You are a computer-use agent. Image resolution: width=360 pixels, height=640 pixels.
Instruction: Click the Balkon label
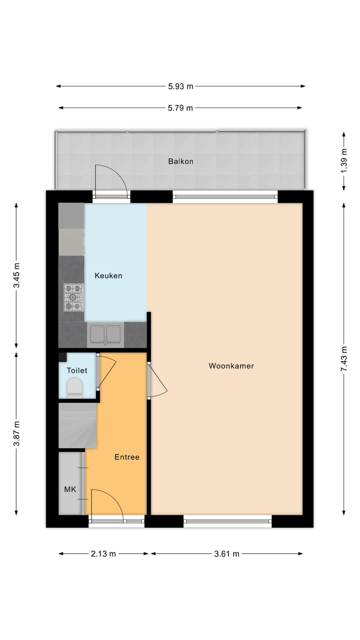pos(180,161)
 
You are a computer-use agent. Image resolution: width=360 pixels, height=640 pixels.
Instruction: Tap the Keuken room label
pos(108,275)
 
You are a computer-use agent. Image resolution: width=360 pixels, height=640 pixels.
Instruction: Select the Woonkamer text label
pos(231,366)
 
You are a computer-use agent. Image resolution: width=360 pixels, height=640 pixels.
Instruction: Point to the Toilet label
pos(77,370)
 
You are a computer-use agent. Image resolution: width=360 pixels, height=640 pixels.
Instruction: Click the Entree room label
pos(126,457)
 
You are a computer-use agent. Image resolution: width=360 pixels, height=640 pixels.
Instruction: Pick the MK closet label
pos(70,489)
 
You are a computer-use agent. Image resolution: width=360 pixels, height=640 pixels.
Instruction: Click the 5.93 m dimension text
pos(180,86)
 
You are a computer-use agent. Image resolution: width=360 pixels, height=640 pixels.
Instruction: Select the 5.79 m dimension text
pos(180,107)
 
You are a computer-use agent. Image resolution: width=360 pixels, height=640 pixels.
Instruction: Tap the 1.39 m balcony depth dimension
pos(343,161)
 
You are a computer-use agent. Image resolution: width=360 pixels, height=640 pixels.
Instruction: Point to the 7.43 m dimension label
pos(343,358)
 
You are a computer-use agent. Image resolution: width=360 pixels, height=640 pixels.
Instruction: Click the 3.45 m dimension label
pos(16,275)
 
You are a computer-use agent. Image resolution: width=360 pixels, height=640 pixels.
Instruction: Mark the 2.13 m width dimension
pos(103,553)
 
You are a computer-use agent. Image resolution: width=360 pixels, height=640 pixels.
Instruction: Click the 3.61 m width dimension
pos(227,553)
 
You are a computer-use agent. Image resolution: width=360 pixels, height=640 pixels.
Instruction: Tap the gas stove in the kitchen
pos(73,297)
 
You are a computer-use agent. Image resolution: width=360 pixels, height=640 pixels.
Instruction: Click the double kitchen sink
pos(105,333)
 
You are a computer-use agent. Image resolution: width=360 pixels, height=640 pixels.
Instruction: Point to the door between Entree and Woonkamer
pos(157,380)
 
